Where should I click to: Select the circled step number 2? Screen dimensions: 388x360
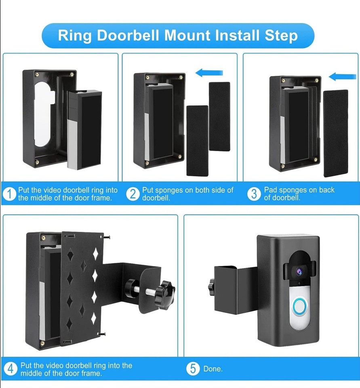click(133, 194)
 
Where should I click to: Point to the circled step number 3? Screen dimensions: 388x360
click(254, 194)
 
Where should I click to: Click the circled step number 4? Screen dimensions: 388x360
click(11, 369)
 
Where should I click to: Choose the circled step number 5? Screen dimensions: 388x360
click(193, 369)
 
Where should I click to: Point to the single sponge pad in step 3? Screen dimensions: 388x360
click(335, 133)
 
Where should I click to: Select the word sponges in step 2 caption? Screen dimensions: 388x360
click(171, 190)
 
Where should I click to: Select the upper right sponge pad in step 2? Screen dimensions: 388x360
click(219, 116)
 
